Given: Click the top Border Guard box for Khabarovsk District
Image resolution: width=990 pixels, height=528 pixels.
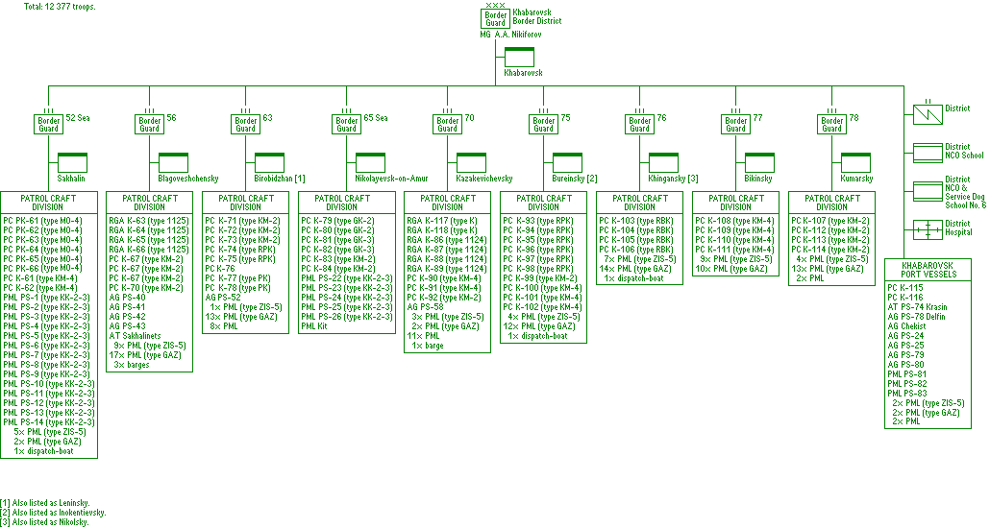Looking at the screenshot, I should (x=495, y=19).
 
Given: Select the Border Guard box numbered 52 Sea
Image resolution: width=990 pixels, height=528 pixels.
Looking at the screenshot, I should (x=49, y=124).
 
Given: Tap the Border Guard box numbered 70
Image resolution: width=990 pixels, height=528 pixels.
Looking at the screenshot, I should (x=447, y=124).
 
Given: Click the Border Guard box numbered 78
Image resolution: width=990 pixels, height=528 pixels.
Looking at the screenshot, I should (x=832, y=124).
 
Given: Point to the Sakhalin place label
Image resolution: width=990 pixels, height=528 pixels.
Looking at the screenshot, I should (x=73, y=179).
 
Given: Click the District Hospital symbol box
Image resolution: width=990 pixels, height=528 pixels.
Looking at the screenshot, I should (x=928, y=229).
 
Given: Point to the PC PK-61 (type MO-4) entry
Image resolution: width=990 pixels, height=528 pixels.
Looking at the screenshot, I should (x=43, y=221).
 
